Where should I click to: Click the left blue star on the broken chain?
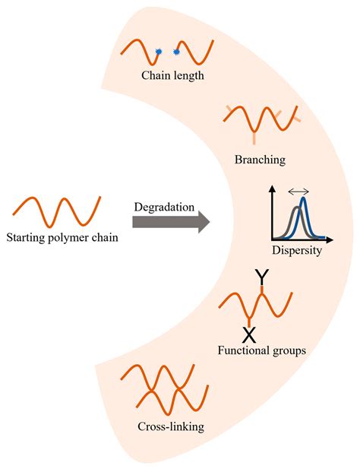coord(159,52)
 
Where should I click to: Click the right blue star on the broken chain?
coord(177,52)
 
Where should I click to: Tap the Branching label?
coord(260,160)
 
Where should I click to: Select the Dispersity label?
coord(296,250)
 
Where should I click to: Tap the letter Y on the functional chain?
coord(261,279)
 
